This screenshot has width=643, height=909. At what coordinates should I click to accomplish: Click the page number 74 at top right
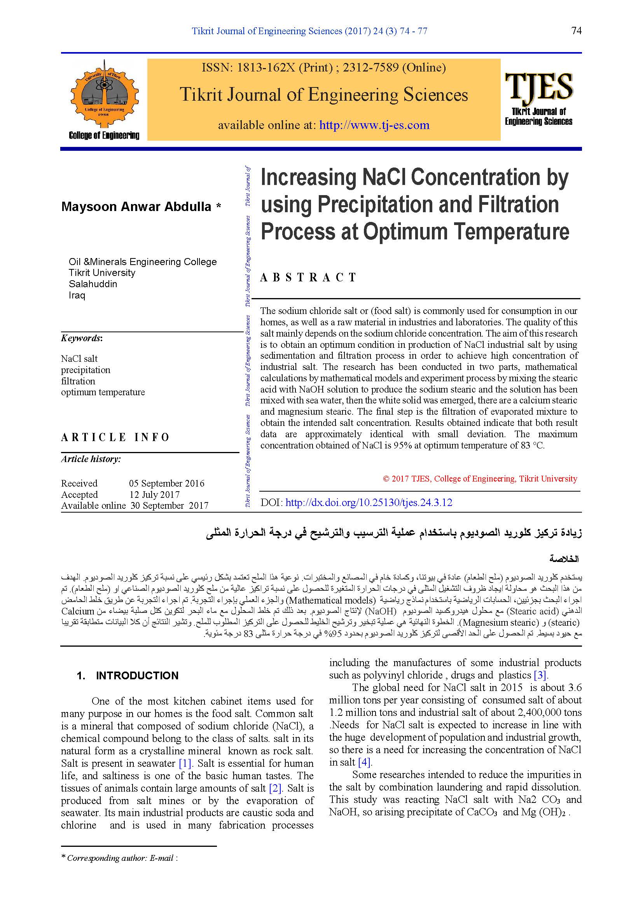coord(576,31)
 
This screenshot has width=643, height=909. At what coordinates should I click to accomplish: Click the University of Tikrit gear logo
coord(104,95)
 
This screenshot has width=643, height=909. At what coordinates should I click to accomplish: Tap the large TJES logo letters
coord(538,86)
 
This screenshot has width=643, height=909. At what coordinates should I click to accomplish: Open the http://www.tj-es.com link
coord(374,125)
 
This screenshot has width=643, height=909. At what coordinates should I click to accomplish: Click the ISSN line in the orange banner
coord(323,68)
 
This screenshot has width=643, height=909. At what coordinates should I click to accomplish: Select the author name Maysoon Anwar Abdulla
coord(136,207)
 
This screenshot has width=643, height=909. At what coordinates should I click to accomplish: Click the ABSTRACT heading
coord(308,277)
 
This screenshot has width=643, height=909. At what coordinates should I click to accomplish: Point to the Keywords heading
coord(82,338)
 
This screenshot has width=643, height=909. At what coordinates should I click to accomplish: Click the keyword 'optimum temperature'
coord(103,393)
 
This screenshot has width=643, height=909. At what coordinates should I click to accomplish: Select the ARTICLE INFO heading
coord(115,437)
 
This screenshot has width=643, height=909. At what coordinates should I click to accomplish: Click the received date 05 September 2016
coord(167,483)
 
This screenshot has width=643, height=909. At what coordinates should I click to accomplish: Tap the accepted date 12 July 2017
coord(154,494)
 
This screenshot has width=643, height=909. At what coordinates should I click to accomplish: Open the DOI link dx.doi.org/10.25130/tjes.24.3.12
coord(369,503)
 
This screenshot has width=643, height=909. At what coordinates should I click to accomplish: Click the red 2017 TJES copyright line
coord(480,479)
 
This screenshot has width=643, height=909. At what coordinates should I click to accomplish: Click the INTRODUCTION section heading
coord(137,676)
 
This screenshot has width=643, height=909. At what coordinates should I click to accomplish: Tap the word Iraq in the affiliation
coord(77,295)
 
